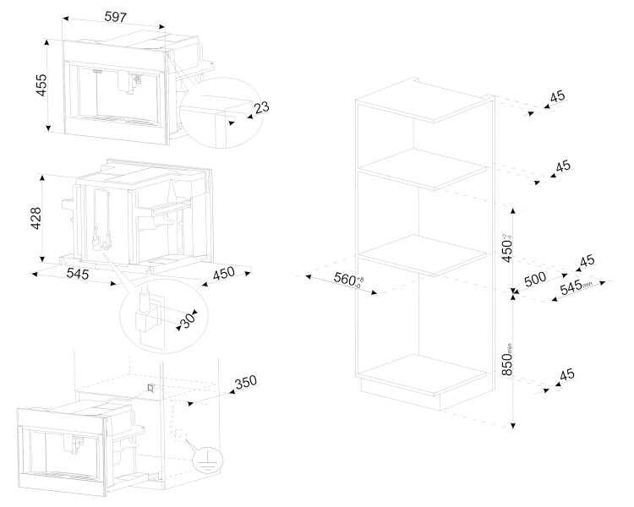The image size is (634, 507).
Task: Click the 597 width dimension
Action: (116, 16)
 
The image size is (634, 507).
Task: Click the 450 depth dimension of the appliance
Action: (224, 273)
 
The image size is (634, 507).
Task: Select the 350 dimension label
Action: (245, 383)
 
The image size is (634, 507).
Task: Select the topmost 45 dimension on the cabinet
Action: (557, 97)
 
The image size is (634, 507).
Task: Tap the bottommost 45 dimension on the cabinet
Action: (566, 374)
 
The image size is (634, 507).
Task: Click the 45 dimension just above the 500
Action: (584, 261)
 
